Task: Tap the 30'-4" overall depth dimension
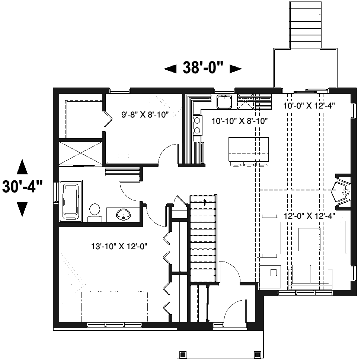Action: [22, 187]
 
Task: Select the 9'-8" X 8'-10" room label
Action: [145, 115]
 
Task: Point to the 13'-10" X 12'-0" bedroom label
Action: [119, 246]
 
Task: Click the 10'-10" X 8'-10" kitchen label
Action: [240, 121]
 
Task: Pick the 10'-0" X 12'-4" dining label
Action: [309, 105]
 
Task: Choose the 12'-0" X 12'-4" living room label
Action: [309, 216]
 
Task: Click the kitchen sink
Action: [224, 102]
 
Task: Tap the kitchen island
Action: [249, 149]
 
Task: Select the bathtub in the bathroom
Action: [71, 201]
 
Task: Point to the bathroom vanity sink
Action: [123, 214]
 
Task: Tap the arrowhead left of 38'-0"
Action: [170, 69]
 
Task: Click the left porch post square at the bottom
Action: [183, 354]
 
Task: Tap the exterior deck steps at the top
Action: [305, 25]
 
